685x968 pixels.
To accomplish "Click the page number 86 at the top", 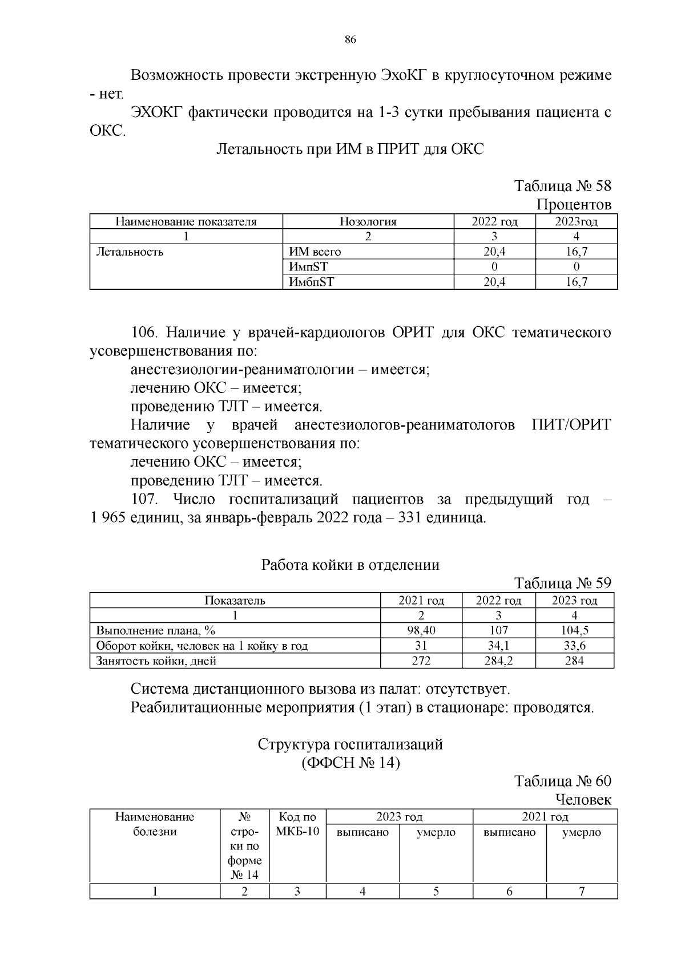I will click(350, 39).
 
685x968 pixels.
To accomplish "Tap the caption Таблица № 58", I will click(562, 186).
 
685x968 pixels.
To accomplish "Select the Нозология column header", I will click(368, 222).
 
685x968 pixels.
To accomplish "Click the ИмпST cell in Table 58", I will click(308, 266).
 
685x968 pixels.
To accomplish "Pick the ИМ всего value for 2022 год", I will click(494, 252).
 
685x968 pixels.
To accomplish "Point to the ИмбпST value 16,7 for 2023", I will click(576, 281).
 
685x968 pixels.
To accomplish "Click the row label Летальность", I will click(130, 252).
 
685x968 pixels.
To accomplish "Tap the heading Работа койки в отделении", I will click(350, 565).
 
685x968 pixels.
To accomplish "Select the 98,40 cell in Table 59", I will click(421, 630).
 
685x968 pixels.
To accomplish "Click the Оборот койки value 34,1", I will click(498, 646).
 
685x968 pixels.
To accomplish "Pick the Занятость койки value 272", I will click(421, 661).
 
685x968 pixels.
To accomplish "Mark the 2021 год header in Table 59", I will click(421, 600).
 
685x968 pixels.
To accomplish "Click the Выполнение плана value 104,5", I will click(574, 630).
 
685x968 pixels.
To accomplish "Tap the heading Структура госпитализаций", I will click(350, 744).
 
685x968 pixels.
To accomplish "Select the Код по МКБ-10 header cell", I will click(297, 824).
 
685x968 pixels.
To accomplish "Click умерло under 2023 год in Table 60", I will click(436, 832).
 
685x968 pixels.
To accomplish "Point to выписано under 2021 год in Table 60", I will click(509, 832).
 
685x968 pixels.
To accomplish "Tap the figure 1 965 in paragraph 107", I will click(107, 518).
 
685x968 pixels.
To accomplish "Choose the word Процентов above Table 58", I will click(574, 204).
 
